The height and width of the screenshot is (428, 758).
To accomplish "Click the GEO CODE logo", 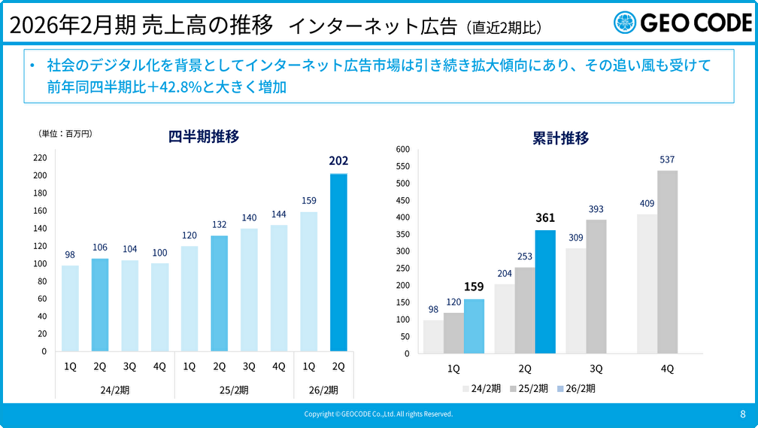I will [681, 23].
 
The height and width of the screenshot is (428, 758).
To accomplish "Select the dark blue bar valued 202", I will [338, 263].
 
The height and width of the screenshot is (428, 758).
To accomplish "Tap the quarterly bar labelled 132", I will [219, 293].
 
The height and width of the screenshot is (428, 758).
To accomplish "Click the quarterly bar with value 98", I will [70, 308].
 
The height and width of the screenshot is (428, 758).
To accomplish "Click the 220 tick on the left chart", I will [40, 158].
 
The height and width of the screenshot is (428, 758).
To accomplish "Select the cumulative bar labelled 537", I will [668, 262].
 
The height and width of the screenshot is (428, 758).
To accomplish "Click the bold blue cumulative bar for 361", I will [545, 292].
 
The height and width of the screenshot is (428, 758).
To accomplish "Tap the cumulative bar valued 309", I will [576, 301].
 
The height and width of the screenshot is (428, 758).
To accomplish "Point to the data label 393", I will [596, 209].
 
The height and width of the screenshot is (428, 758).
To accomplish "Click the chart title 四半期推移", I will [204, 137].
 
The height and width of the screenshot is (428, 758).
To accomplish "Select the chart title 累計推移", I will [560, 138].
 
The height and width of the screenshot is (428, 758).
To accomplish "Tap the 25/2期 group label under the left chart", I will [234, 390].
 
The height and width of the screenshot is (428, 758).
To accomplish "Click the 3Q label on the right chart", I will [596, 369].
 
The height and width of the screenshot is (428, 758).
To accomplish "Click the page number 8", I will [743, 414].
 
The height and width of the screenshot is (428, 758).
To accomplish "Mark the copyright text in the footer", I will [378, 414].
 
